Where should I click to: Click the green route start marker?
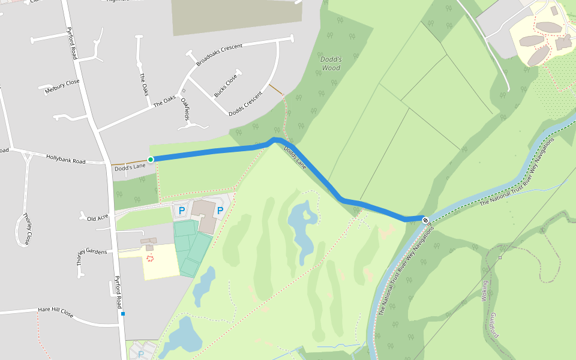point(151,159)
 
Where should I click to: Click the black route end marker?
point(425,220)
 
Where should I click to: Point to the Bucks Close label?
point(226,85)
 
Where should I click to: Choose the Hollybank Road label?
point(65,159)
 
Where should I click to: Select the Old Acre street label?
point(98,217)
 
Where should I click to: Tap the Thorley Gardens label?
point(91,252)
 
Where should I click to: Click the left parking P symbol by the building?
point(181,211)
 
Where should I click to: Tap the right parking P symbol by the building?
point(220,211)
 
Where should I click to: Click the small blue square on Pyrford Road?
point(123,313)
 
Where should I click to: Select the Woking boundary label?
point(485,291)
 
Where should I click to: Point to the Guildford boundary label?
point(494,323)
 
